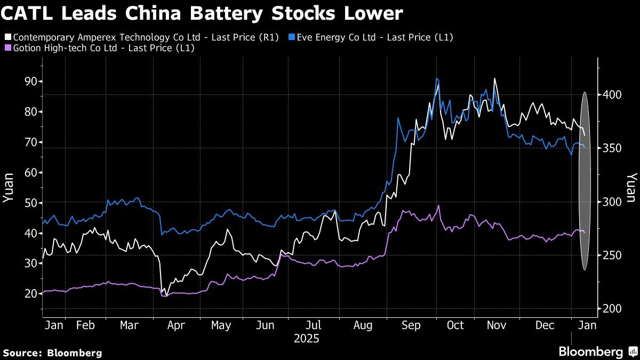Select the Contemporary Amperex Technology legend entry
pyautogui.click(x=141, y=37)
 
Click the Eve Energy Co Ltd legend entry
pyautogui.click(x=371, y=37)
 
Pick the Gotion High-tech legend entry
pyautogui.click(x=99, y=48)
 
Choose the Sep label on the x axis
pyautogui.click(x=410, y=325)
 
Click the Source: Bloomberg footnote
pyautogui.click(x=52, y=353)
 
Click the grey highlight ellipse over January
pyautogui.click(x=585, y=181)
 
